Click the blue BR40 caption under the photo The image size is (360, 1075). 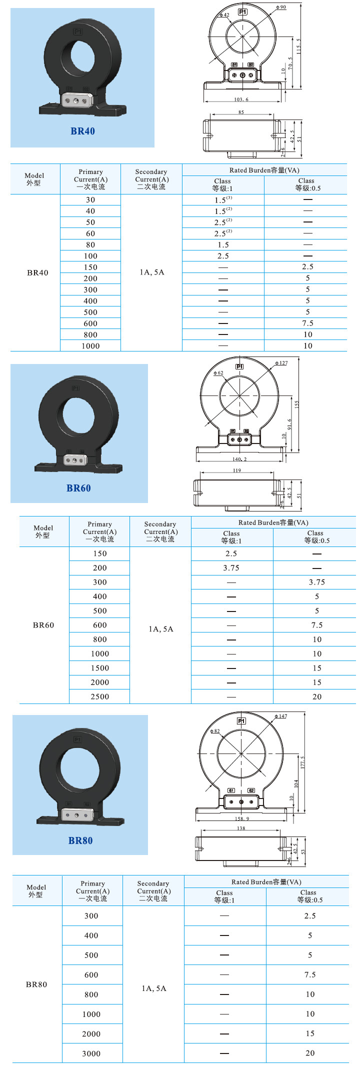[x=82, y=131]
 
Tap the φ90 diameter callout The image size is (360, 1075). [x=281, y=7]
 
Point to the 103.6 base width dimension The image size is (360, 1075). [x=241, y=99]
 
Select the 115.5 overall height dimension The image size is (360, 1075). [x=299, y=46]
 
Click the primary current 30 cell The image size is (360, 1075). [x=90, y=200]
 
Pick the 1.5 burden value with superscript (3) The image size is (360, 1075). [x=223, y=199]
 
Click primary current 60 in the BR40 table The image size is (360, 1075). [x=90, y=233]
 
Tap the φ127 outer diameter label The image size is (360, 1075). [x=281, y=363]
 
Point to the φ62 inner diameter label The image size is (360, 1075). [x=218, y=373]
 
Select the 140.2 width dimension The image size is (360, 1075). [x=239, y=459]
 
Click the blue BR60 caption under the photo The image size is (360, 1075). [x=78, y=488]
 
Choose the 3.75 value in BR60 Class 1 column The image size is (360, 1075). [x=231, y=568]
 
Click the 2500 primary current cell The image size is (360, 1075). [x=99, y=696]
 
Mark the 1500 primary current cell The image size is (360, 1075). [x=99, y=668]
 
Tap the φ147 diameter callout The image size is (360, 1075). [x=281, y=716]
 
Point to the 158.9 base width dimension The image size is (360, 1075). [x=241, y=819]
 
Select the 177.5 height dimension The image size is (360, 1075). [x=302, y=763]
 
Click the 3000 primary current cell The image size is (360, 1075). [x=91, y=1053]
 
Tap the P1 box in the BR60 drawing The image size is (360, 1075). [x=239, y=366]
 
